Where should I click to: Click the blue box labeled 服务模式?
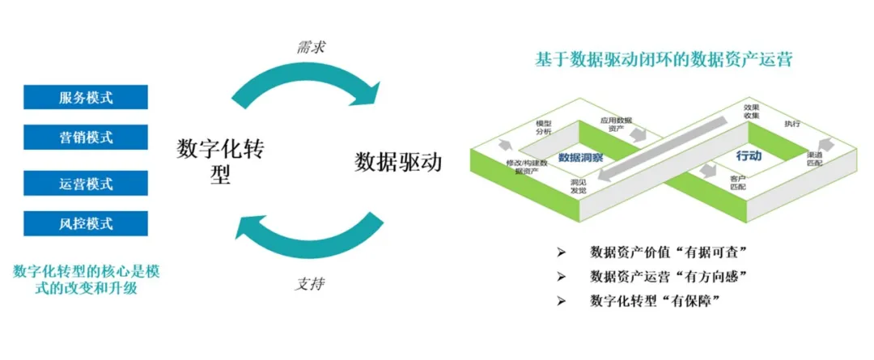pos(86,97)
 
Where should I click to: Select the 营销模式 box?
pos(86,138)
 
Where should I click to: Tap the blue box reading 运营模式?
pos(86,183)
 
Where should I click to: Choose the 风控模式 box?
pos(86,223)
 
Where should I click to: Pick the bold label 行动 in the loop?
pos(748,155)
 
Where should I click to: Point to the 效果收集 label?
pos(751,111)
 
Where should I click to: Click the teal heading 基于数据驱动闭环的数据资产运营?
pos(664,60)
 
